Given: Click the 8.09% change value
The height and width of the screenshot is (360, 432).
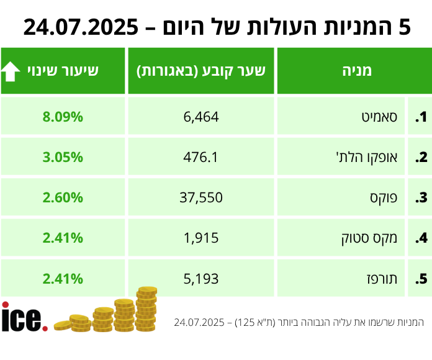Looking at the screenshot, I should (x=63, y=117).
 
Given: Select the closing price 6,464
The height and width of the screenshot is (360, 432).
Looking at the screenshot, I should (x=202, y=117).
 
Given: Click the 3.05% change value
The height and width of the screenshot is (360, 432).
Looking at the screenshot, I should (x=63, y=157).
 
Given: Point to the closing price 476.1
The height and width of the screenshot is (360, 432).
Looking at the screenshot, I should (x=202, y=157).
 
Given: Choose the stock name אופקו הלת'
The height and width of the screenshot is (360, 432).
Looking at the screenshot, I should (x=367, y=157).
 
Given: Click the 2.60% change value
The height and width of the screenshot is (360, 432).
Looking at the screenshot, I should (x=63, y=197).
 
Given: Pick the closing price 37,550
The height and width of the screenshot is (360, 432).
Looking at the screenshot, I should (x=202, y=197).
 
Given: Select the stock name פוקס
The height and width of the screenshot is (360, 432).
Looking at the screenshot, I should (x=383, y=197).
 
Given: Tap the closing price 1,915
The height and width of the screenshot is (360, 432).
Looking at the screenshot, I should (x=202, y=238).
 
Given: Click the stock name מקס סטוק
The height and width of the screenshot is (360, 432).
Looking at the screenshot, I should (x=371, y=238).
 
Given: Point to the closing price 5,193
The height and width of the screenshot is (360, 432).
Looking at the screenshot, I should (x=202, y=278).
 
